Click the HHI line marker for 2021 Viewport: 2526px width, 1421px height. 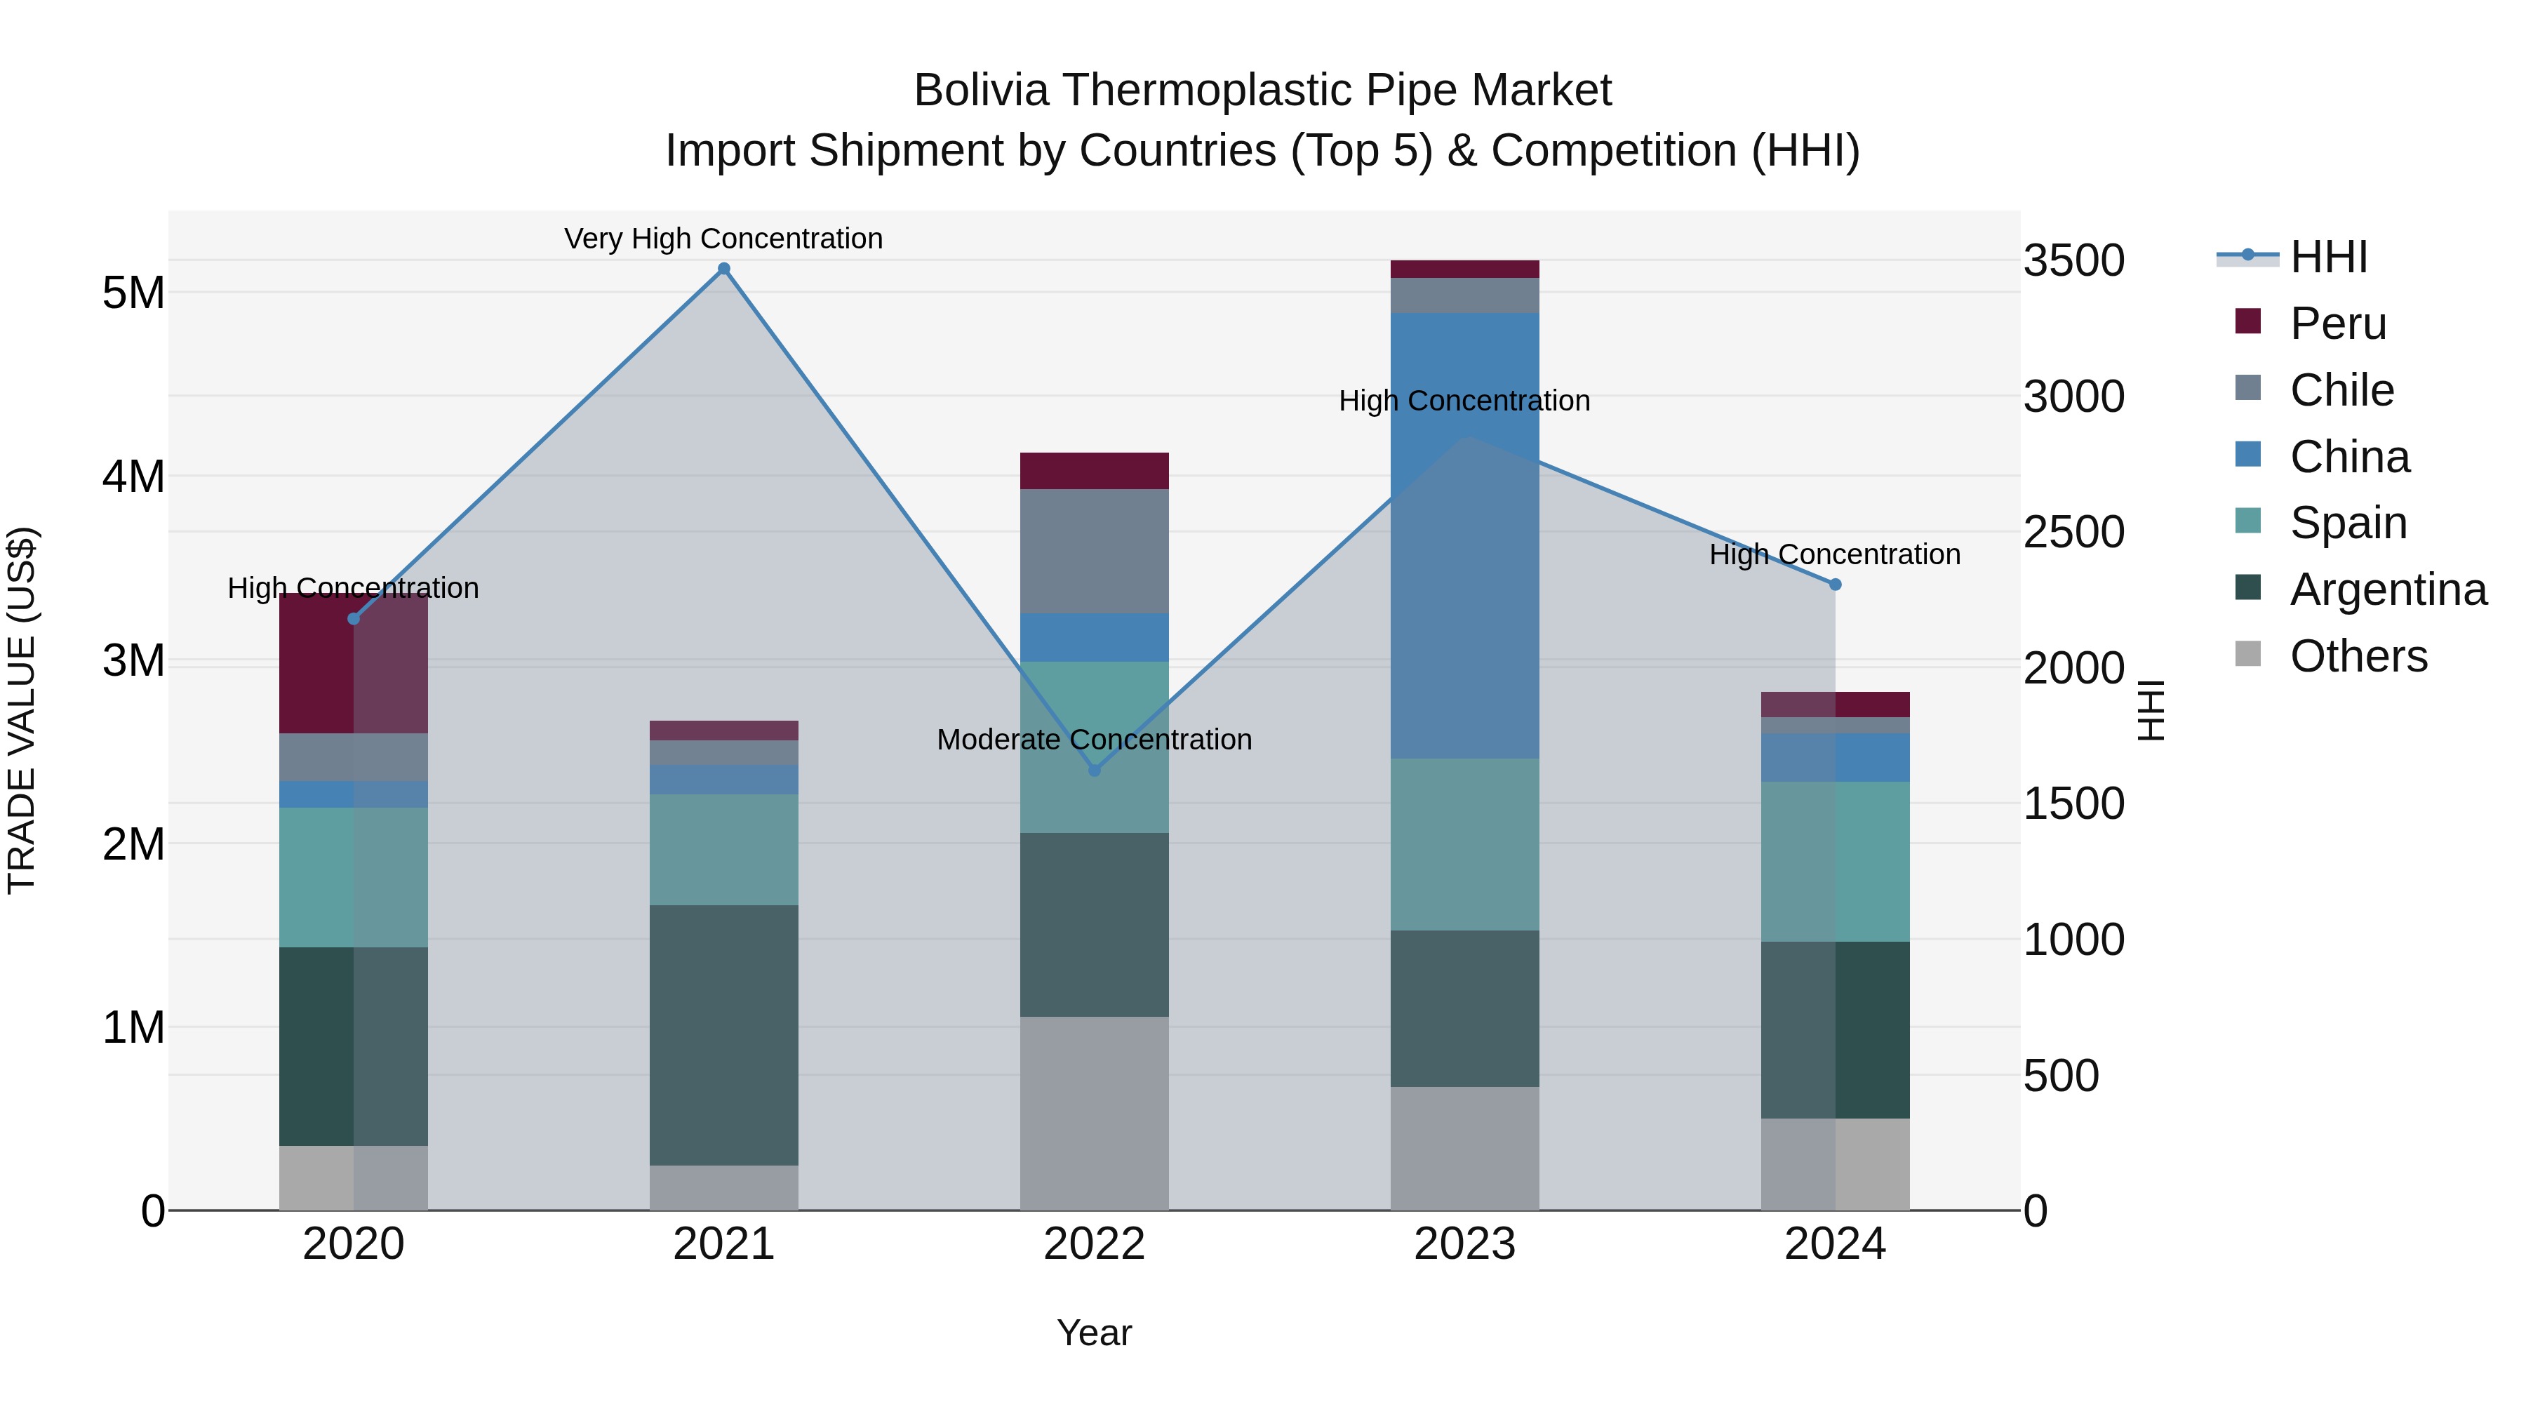point(723,269)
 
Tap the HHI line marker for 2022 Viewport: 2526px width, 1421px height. point(1095,770)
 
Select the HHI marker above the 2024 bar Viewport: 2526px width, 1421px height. point(1835,585)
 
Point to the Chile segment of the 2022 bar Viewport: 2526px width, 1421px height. point(1095,551)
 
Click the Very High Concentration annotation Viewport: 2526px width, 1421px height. point(723,239)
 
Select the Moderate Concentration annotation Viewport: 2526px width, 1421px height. point(1095,740)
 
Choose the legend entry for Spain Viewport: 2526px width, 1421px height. point(2348,523)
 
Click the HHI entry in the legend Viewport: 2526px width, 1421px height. point(2328,257)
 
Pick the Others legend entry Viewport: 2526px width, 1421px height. point(2358,656)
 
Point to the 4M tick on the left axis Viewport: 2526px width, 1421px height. point(133,476)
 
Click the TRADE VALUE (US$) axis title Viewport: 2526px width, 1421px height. point(22,710)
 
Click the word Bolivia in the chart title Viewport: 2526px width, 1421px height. point(981,91)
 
